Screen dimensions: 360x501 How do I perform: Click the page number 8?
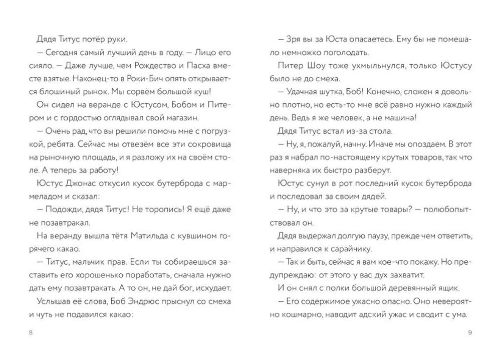[x=32, y=333]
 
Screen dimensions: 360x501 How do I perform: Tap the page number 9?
[x=469, y=333]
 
